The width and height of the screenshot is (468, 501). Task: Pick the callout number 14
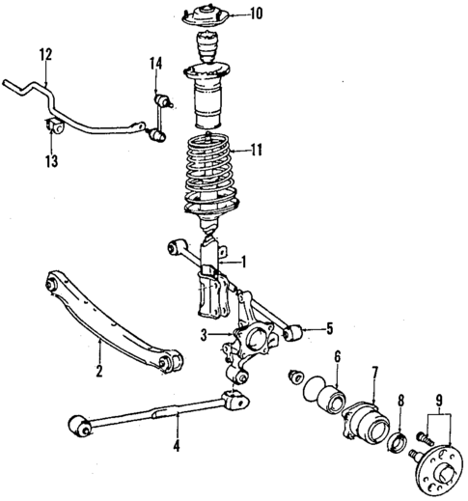pos(155,65)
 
